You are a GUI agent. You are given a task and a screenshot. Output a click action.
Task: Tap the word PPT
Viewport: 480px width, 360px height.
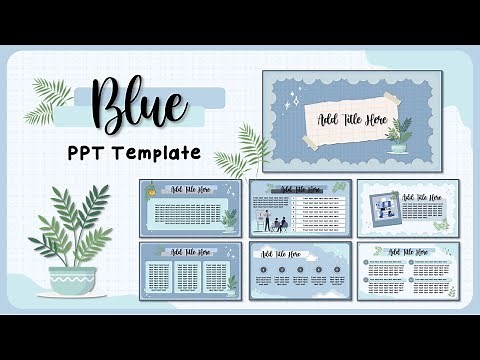(94, 154)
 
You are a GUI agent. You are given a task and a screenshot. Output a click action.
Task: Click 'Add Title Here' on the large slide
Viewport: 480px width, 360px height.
(351, 120)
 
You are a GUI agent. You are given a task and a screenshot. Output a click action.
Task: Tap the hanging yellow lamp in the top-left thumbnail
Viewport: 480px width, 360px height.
(150, 189)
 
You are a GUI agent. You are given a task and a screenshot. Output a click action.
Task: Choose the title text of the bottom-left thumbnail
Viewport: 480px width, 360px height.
(190, 252)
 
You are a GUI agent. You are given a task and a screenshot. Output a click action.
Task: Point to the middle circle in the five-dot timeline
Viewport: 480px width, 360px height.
(299, 270)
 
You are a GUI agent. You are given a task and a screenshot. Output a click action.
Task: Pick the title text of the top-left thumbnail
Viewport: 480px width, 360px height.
(190, 189)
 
